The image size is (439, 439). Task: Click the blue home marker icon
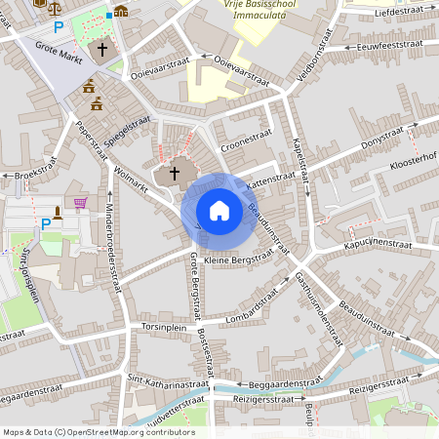click(x=219, y=211)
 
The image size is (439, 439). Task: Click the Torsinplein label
click(x=164, y=327)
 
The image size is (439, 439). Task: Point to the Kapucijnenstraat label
click(x=379, y=241)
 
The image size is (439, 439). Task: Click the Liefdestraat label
click(x=397, y=12)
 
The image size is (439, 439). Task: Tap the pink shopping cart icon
click(x=80, y=204)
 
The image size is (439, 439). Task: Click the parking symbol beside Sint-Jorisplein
click(x=45, y=223)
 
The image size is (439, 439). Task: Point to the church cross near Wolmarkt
click(x=175, y=174)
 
